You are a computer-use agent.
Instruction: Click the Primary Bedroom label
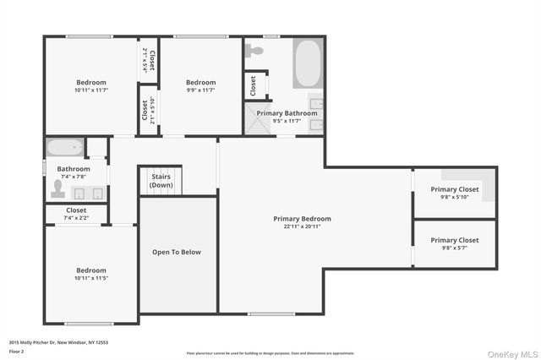pyautogui.click(x=302, y=218)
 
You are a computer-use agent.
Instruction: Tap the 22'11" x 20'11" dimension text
pyautogui.click(x=302, y=226)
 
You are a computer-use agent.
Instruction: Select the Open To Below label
pyautogui.click(x=177, y=252)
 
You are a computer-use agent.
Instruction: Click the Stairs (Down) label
pyautogui.click(x=161, y=181)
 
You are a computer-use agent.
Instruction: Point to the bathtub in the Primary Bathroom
pyautogui.click(x=307, y=63)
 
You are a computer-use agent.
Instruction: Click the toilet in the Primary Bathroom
pyautogui.click(x=255, y=51)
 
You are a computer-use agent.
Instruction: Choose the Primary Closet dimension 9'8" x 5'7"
pyautogui.click(x=454, y=248)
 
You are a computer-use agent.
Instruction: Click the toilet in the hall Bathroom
pyautogui.click(x=58, y=189)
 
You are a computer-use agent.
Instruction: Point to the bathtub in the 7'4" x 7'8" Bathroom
pyautogui.click(x=63, y=148)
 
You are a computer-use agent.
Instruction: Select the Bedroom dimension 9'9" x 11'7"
pyautogui.click(x=201, y=90)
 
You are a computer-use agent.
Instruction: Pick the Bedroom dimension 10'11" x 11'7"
pyautogui.click(x=91, y=90)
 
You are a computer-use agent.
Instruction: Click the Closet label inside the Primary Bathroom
pyautogui.click(x=252, y=85)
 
